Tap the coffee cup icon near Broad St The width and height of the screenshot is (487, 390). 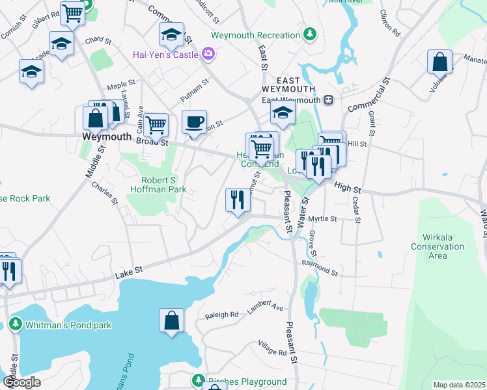193,122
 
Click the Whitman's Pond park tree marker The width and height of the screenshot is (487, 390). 16,324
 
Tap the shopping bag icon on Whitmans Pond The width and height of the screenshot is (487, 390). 172,320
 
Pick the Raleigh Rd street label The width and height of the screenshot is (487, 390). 222,314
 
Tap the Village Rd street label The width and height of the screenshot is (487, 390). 272,348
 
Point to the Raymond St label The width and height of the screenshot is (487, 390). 320,267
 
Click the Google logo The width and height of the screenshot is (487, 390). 21,382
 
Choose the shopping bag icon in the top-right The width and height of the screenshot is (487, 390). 440,62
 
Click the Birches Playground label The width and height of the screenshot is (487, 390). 247,382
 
